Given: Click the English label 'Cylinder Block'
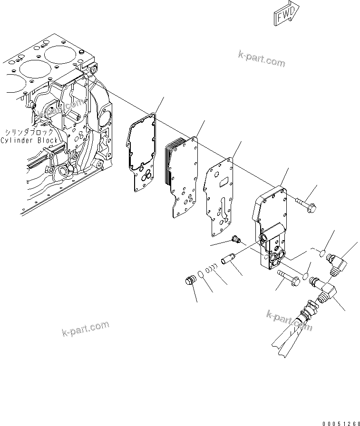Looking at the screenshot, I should (x=29, y=140).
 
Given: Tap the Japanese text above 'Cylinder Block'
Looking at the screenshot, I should (x=29, y=132).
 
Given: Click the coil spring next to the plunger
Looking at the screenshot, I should (x=214, y=269).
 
